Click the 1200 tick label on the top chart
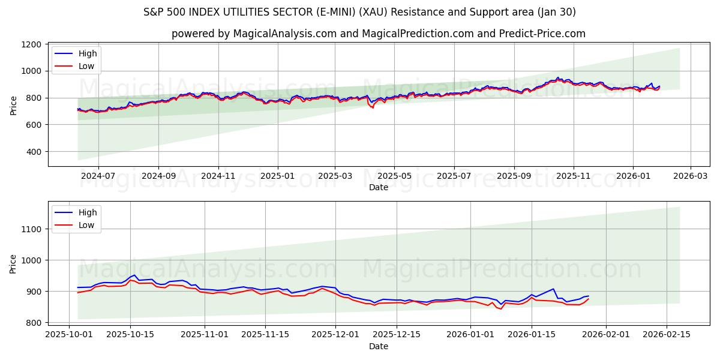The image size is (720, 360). coord(31,44)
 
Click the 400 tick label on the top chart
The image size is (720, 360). coord(34,152)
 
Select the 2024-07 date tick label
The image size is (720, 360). coord(98,176)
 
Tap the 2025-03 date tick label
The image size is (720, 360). coord(335,176)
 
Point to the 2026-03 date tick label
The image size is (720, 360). coord(690,176)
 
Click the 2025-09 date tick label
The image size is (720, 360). coord(514,176)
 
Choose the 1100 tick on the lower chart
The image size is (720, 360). coord(31,229)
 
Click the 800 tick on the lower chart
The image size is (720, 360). coord(34,323)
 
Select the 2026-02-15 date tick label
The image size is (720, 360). coord(667,334)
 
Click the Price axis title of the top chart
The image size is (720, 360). coord(14,105)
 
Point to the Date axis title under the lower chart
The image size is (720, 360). coord(378,346)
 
